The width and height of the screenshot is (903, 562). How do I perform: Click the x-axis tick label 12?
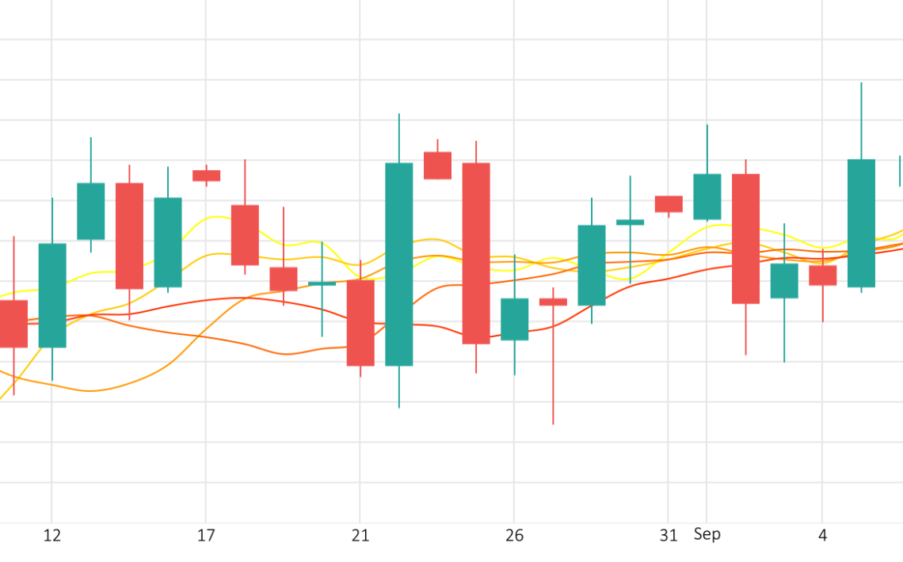click(x=51, y=536)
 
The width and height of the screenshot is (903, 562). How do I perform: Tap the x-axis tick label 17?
click(x=206, y=536)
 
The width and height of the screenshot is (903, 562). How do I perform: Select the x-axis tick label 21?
click(x=360, y=536)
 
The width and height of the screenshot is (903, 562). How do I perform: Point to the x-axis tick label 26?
click(x=514, y=536)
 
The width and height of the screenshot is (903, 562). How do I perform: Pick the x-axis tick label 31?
click(x=669, y=536)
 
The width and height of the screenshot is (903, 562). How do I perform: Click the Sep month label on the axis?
click(x=707, y=534)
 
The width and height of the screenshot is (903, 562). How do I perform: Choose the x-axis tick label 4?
click(x=822, y=536)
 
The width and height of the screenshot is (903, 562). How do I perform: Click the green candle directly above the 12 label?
click(x=52, y=295)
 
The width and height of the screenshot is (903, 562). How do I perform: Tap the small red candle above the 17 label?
click(x=206, y=176)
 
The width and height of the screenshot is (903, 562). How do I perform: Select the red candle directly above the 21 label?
click(x=360, y=323)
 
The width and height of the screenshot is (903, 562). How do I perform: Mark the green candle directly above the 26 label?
click(x=514, y=319)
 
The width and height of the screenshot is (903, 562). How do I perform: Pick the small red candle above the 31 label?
click(x=669, y=203)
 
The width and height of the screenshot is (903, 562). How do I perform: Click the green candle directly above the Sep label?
click(x=707, y=196)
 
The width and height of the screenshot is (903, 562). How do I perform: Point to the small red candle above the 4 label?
click(x=822, y=275)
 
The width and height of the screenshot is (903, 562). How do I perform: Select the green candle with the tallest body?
click(x=399, y=264)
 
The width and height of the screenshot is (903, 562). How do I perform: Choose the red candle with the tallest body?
click(x=476, y=253)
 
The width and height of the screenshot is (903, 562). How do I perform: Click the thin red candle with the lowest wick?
click(x=553, y=302)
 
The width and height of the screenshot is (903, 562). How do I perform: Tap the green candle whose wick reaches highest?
click(x=861, y=223)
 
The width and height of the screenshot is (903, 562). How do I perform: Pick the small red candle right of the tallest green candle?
click(x=437, y=165)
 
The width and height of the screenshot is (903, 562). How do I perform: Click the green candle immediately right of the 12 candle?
click(x=90, y=211)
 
